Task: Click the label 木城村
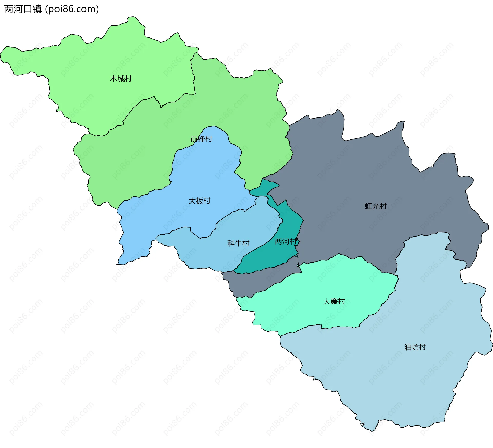click(121, 79)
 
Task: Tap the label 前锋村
click(201, 139)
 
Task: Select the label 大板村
click(199, 201)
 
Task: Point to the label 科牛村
click(238, 243)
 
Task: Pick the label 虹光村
click(376, 206)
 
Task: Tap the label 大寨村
click(334, 301)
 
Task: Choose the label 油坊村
click(415, 347)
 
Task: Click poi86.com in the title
click(72, 9)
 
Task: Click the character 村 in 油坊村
click(422, 347)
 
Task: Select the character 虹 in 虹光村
click(368, 206)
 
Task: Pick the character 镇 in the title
click(37, 9)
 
